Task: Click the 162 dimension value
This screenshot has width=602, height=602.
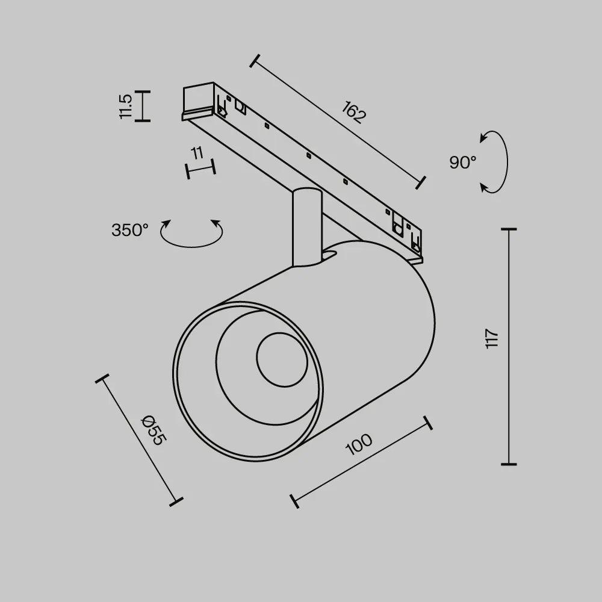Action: coord(353,112)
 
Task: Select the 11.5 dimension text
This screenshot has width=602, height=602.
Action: coord(126,107)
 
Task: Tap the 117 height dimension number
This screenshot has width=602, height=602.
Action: coord(492,338)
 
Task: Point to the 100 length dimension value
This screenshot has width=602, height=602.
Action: coord(359,444)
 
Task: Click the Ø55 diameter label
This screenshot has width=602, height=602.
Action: coord(154,430)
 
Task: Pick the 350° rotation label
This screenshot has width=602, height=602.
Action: coord(130,230)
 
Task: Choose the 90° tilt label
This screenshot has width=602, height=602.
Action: coord(462,163)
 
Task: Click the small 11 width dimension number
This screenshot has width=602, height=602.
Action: coord(197,153)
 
